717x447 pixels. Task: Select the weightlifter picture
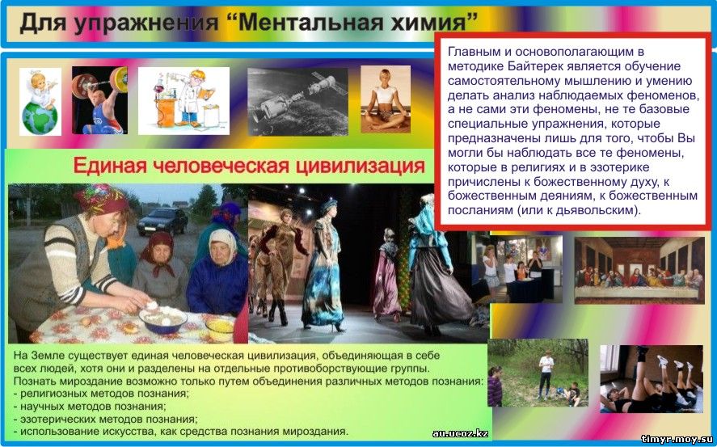(99, 100)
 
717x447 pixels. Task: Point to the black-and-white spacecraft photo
(297, 102)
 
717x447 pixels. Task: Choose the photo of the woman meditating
(386, 99)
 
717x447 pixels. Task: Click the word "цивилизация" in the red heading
(361, 166)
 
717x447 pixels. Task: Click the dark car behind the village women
(162, 221)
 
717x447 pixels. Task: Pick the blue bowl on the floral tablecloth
(163, 318)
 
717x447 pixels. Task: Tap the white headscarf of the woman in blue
(222, 244)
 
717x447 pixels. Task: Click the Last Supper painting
(639, 270)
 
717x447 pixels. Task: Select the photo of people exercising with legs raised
(652, 379)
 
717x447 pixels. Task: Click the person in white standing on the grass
(545, 374)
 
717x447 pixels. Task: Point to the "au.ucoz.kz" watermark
(460, 433)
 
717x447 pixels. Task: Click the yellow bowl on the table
(220, 327)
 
